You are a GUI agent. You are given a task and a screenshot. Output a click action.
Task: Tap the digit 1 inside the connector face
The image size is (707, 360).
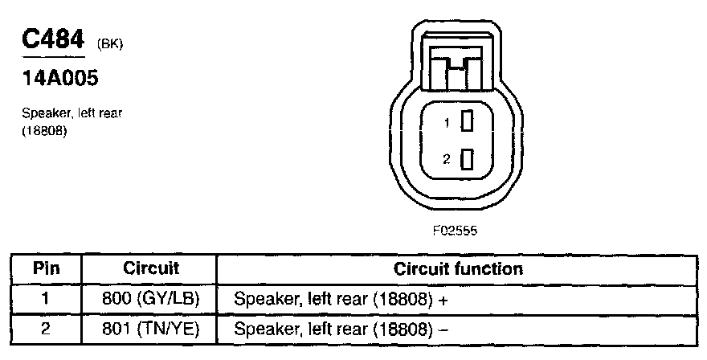[447, 124]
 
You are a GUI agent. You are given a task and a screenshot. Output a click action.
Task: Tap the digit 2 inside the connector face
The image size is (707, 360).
[447, 160]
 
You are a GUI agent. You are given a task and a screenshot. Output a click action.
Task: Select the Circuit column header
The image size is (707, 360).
[151, 268]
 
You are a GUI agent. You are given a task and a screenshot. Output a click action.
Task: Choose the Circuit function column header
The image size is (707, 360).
[458, 268]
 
